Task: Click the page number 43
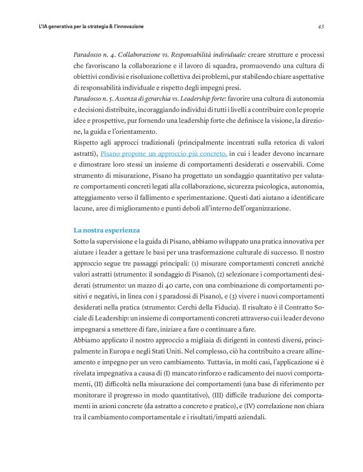point(320,27)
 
